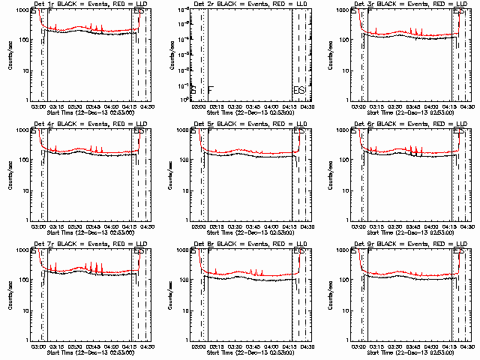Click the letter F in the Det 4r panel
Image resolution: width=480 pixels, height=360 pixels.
[50, 132]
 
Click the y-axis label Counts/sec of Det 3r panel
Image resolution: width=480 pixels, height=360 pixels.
[330, 54]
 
